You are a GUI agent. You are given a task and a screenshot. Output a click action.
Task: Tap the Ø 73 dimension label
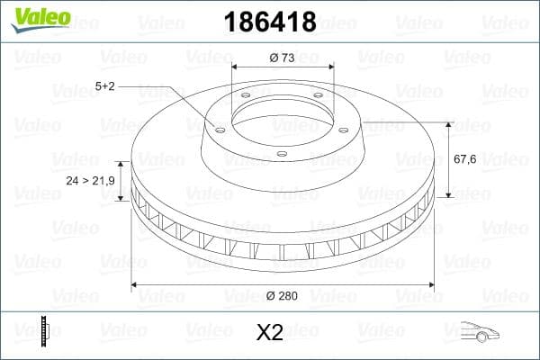[x=281, y=58]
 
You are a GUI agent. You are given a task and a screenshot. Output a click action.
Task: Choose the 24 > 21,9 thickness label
[x=91, y=180]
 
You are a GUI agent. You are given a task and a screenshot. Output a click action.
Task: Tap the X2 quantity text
[x=270, y=332]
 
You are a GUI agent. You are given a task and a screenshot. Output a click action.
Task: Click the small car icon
[x=479, y=332]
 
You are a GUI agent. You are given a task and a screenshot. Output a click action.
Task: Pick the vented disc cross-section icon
[x=45, y=332]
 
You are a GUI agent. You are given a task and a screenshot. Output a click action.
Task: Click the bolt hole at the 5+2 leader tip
[x=218, y=129]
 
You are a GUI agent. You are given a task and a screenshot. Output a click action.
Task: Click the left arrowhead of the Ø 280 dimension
[x=136, y=286]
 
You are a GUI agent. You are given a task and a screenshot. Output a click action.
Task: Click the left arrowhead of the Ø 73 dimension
[x=236, y=67]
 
